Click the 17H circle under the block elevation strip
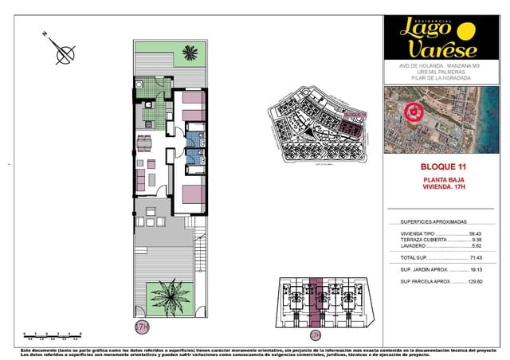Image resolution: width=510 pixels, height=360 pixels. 316,335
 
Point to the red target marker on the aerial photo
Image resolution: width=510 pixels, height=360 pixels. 413,115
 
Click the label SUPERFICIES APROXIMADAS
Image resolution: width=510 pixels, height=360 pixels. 433,222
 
